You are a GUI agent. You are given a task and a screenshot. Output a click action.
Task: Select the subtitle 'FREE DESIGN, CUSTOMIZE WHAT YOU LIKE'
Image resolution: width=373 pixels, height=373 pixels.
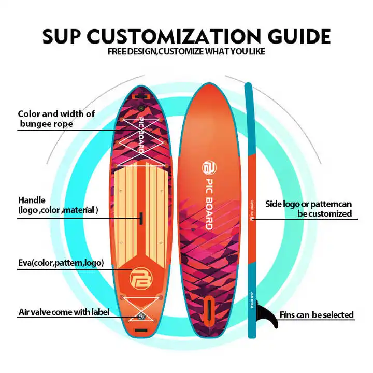186,52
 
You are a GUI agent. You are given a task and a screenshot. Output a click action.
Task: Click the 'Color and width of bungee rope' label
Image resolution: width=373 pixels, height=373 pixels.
56,119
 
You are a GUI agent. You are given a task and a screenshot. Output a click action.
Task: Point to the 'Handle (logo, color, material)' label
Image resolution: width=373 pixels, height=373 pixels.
58,205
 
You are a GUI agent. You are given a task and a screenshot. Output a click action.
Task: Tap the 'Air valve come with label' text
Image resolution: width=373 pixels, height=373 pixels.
63,312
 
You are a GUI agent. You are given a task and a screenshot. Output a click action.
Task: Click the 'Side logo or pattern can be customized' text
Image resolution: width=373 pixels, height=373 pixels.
309,209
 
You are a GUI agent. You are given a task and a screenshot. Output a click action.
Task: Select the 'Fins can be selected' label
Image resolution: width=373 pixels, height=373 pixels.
317,314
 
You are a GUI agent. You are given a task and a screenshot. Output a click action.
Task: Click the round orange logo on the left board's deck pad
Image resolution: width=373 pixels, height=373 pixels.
140,276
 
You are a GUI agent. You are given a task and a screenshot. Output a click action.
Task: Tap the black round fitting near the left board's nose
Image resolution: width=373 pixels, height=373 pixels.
140,108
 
